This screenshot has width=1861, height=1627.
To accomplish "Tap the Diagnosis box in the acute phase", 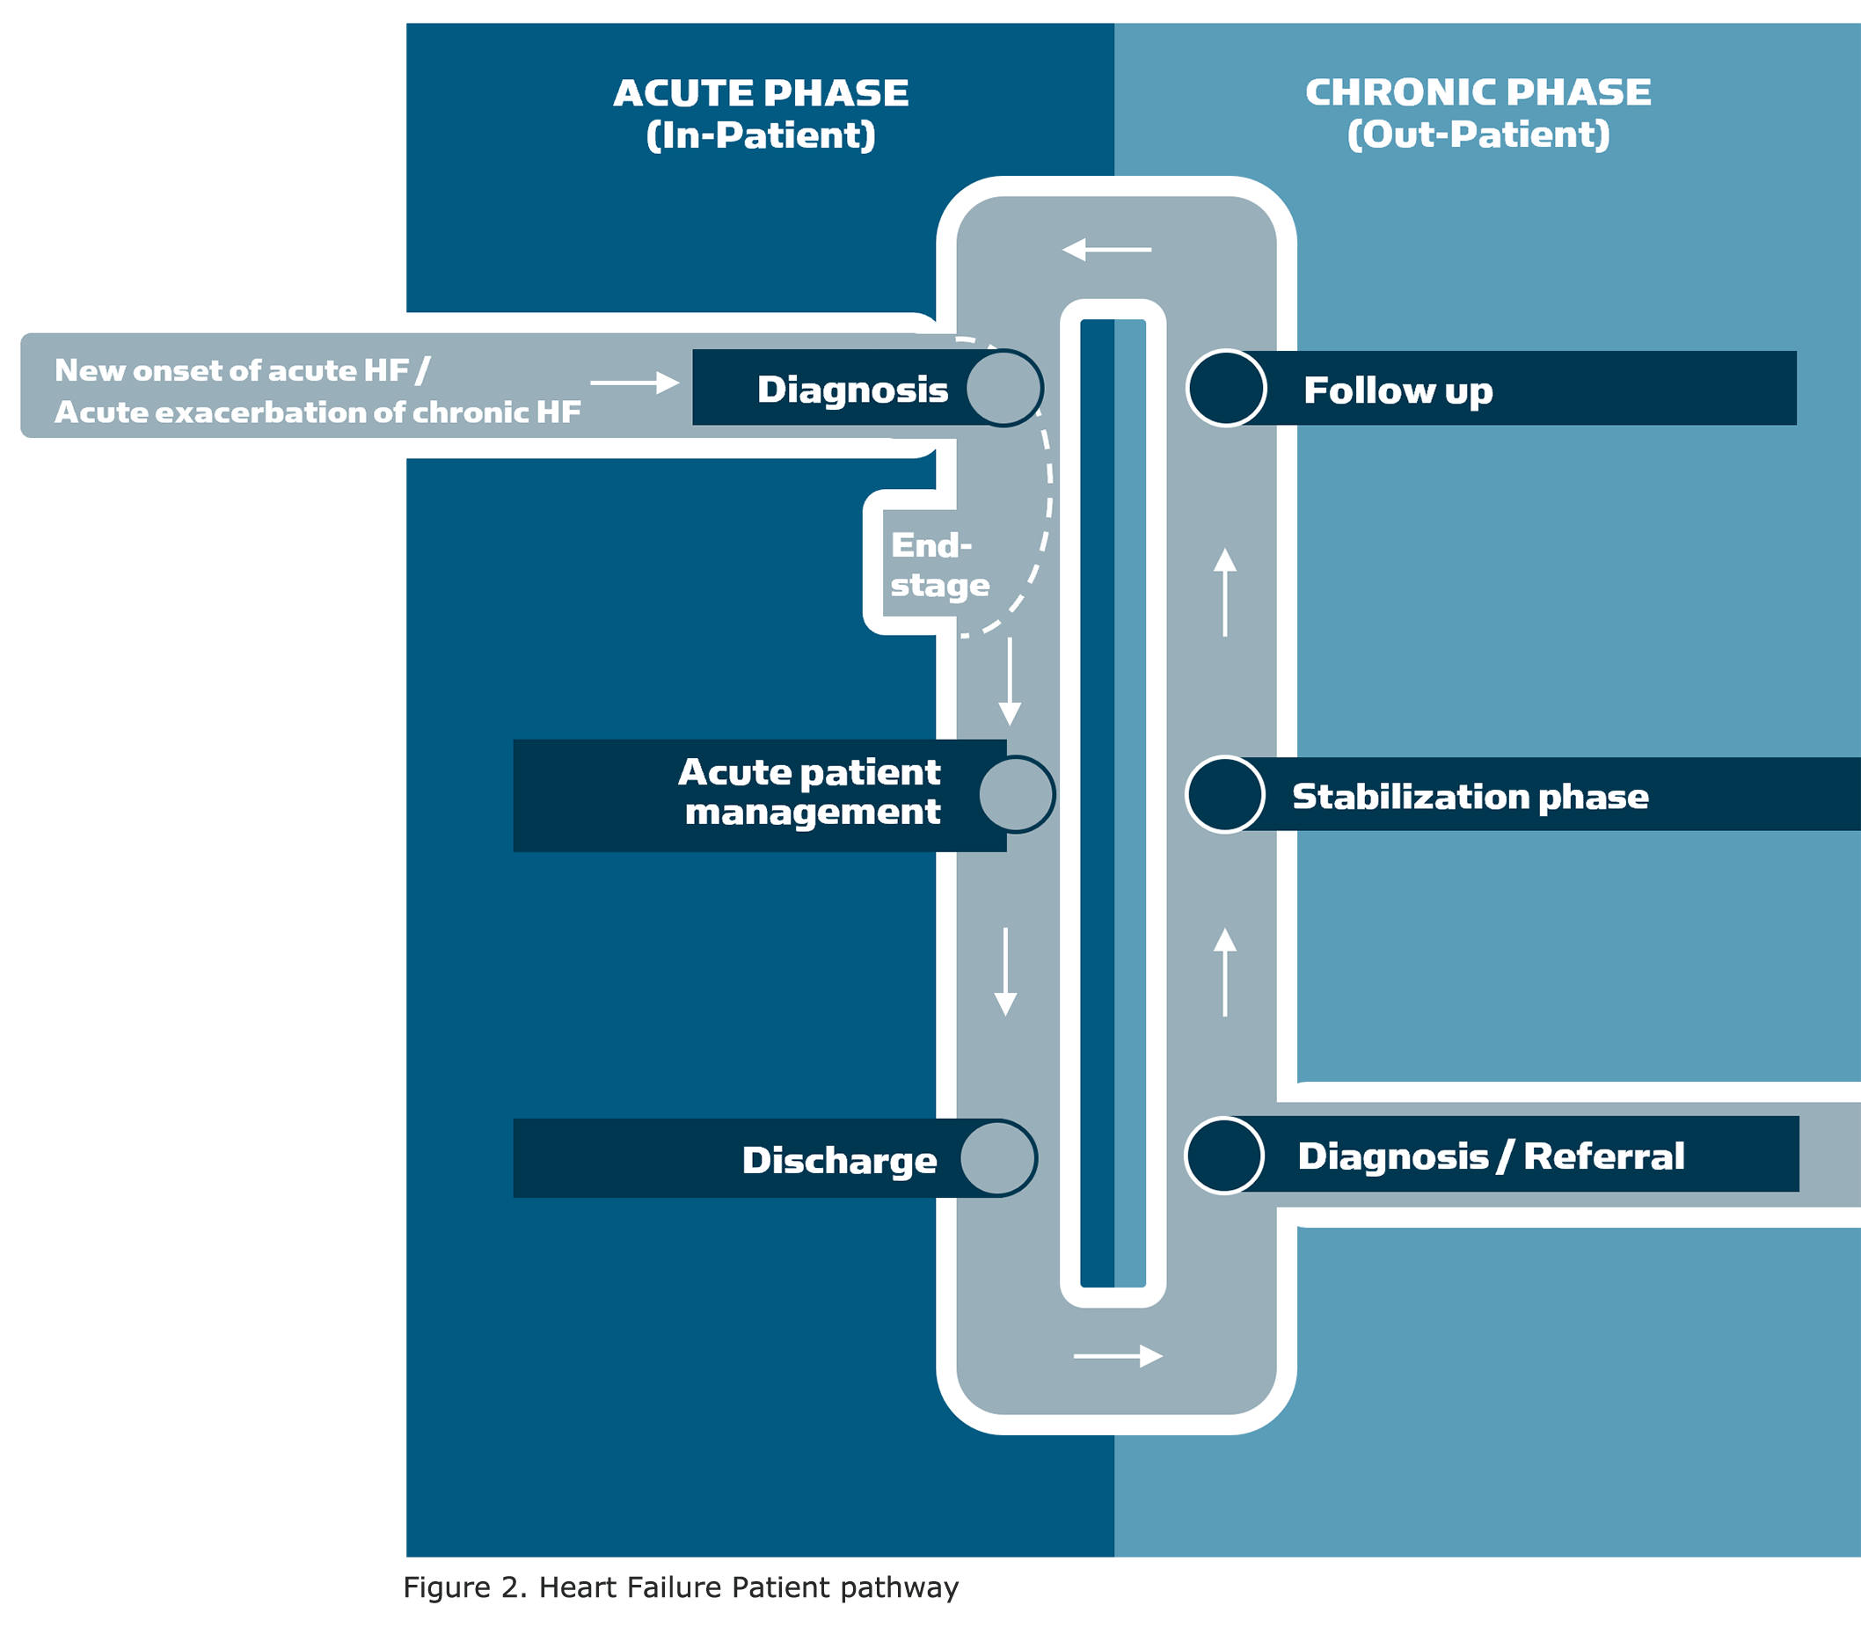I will click(x=851, y=389).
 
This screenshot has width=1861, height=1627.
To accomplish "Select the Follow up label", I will click(x=1398, y=390).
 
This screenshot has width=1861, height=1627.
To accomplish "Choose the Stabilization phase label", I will click(x=1470, y=796).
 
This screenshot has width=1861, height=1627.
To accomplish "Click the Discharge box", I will click(x=838, y=1159).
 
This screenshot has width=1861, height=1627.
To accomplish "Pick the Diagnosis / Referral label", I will click(x=1491, y=1156).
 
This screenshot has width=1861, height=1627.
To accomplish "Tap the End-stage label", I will click(x=938, y=565).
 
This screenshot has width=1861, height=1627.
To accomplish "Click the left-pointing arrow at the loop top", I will click(x=1106, y=249).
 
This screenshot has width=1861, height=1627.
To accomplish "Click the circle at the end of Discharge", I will click(x=998, y=1157).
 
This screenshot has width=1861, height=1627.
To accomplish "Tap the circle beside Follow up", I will click(x=1225, y=389).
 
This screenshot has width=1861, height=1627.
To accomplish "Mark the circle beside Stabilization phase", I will click(x=1224, y=794).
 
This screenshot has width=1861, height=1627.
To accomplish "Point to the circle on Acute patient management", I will click(x=1017, y=794).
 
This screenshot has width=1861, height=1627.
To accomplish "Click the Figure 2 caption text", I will click(x=681, y=1587).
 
